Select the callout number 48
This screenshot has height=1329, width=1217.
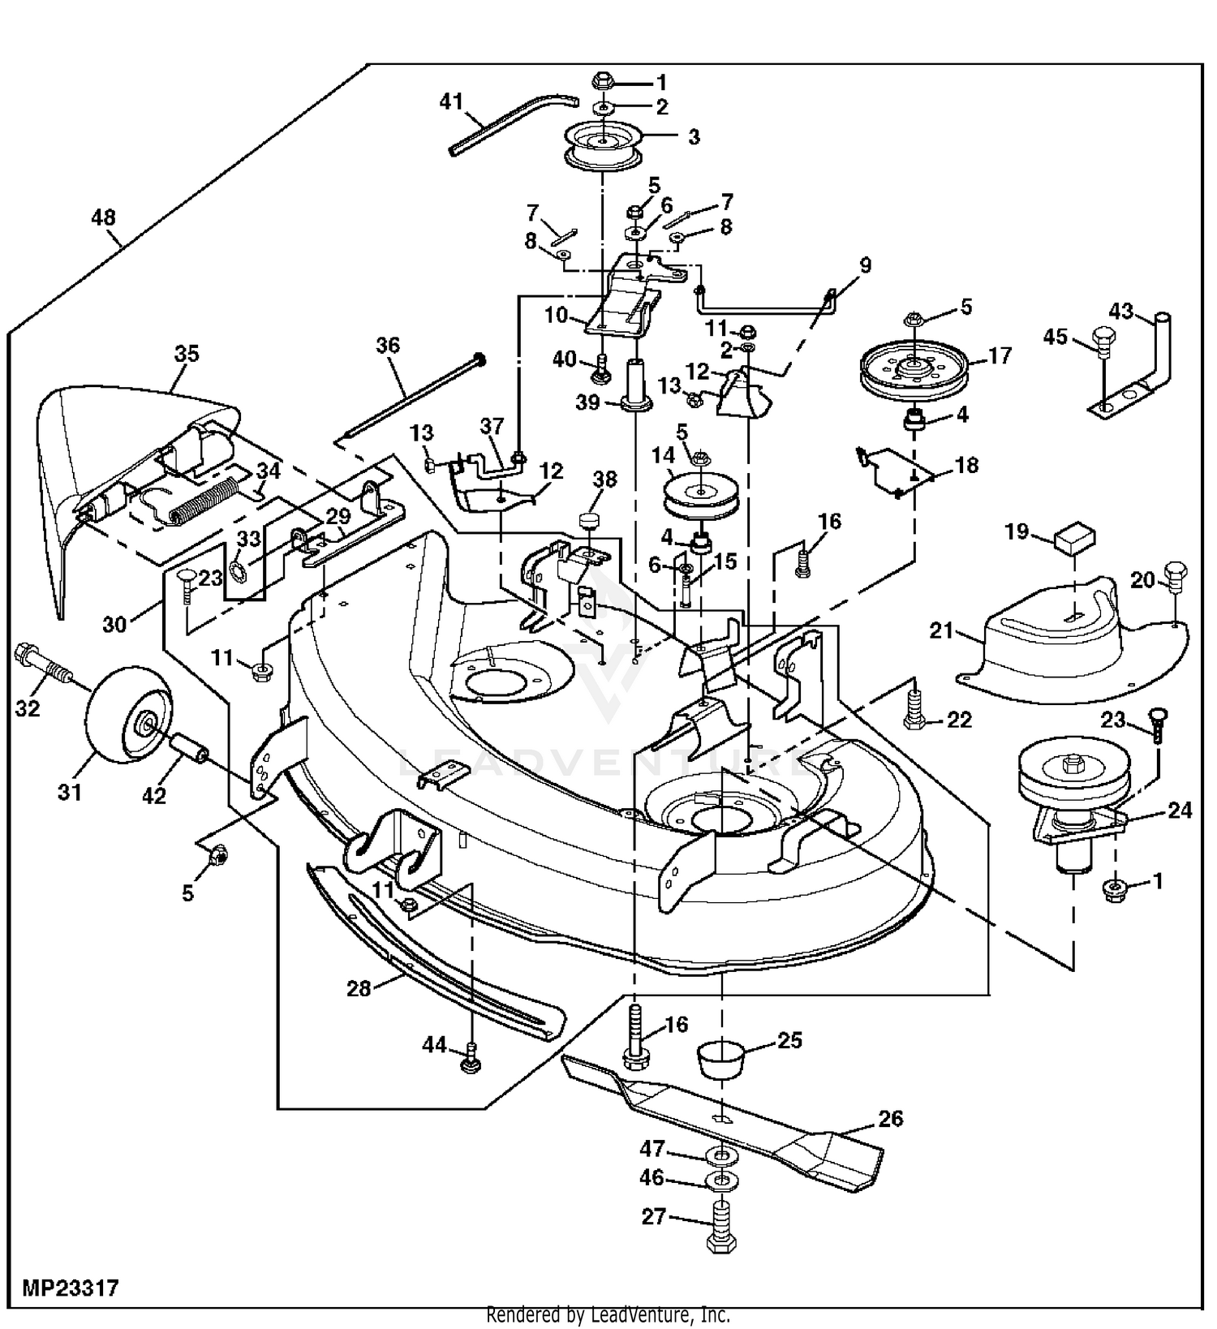[104, 217]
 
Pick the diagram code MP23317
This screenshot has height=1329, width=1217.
[71, 1288]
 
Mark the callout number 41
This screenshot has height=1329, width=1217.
[450, 102]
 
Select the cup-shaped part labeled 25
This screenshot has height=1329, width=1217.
[720, 1057]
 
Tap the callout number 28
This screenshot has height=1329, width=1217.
[359, 988]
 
